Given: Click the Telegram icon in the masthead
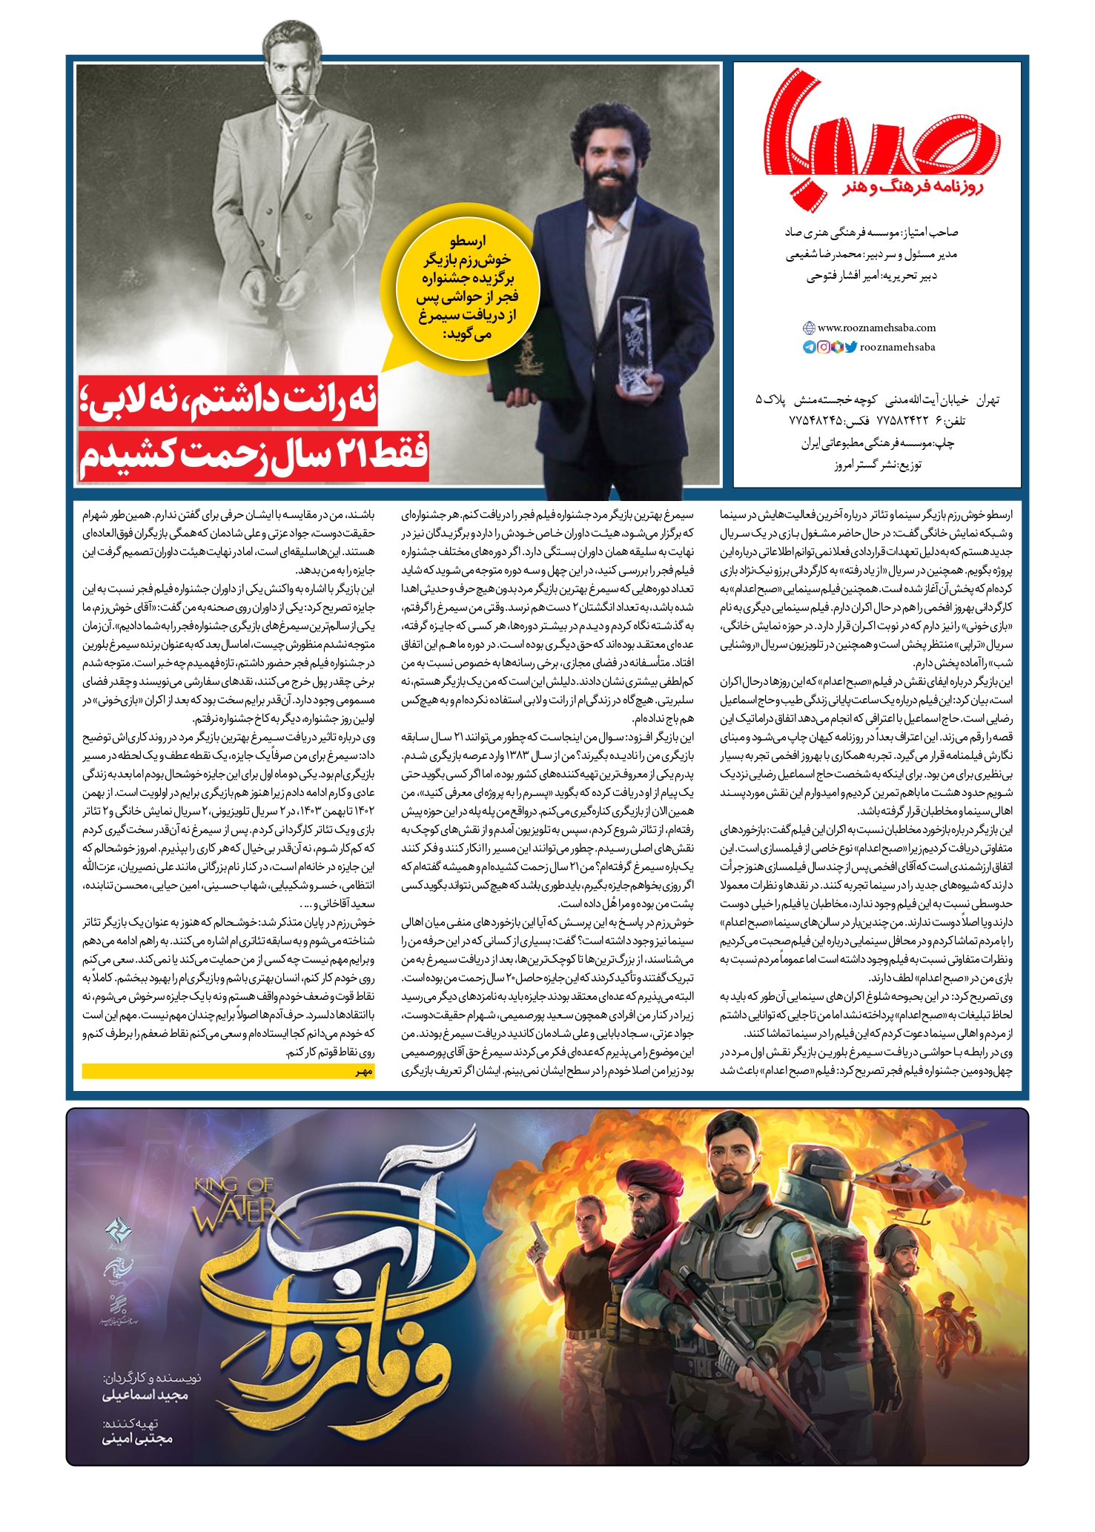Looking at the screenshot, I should coord(809,347).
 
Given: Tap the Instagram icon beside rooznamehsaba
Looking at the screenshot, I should coord(823,347).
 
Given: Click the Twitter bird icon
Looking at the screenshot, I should coord(851,347).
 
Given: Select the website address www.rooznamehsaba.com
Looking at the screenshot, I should coord(876,328).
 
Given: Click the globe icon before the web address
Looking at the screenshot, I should coord(809,328).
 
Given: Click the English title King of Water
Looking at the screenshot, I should coord(235,1204).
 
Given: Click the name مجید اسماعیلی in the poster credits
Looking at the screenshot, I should coord(145,1395).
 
